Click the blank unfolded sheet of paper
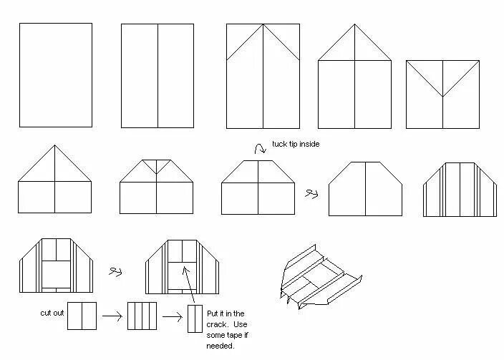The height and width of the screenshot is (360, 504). tap(55, 74)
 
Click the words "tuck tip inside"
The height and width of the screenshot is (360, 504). tap(295, 144)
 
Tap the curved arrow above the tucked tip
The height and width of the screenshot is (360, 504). tap(258, 148)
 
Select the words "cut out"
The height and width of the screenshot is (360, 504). tap(51, 313)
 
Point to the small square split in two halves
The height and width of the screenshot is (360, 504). tap(82, 316)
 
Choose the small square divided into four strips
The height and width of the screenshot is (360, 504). tap(142, 316)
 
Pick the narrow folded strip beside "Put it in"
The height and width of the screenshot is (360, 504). tap(195, 318)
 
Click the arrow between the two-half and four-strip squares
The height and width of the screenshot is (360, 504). tap(111, 315)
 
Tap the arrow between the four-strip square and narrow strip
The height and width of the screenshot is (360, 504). tap(172, 316)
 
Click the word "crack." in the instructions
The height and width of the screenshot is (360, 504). tap(218, 324)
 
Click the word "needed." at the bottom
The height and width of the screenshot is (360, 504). tap(220, 346)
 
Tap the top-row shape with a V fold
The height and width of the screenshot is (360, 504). tap(442, 94)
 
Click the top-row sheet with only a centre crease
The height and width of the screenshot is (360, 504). tap(157, 74)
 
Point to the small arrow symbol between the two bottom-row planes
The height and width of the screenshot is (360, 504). tap(114, 271)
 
